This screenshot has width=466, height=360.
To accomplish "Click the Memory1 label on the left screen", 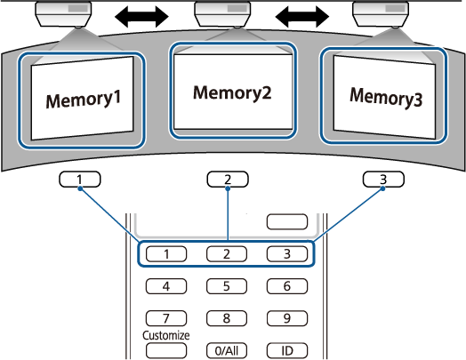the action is coord(84,100).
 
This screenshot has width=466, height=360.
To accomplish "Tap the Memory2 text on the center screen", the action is coord(232,92).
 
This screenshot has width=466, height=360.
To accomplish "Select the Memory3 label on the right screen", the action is coord(386,97).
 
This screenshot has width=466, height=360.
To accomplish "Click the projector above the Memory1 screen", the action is coord(63,14).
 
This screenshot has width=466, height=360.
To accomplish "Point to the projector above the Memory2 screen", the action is coord(222,14).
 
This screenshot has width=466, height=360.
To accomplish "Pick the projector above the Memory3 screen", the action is coord(381,14).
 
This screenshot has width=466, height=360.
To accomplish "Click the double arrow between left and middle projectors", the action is coord(141,16).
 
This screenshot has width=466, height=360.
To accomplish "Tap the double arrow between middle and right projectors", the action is coord(302,16).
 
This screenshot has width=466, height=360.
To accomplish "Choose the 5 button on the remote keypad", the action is coord(227,286).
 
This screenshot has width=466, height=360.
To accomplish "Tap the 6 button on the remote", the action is coord(287,286).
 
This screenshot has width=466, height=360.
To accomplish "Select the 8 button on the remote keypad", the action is coord(227,318).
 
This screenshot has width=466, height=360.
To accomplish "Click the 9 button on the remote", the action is coord(287,318).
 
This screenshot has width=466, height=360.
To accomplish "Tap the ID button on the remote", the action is coord(287,351).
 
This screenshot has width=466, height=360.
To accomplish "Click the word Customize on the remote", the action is coord(165,335).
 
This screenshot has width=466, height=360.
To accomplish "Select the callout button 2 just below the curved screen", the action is coord(228,180).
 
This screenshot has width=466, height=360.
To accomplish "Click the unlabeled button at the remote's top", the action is coord(287,221).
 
